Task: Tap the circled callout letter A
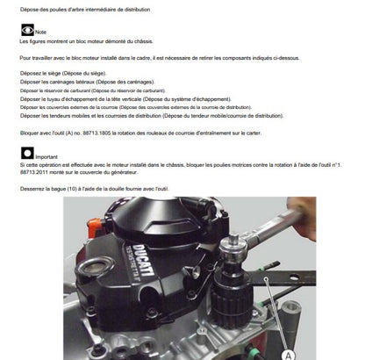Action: pos(289,354)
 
